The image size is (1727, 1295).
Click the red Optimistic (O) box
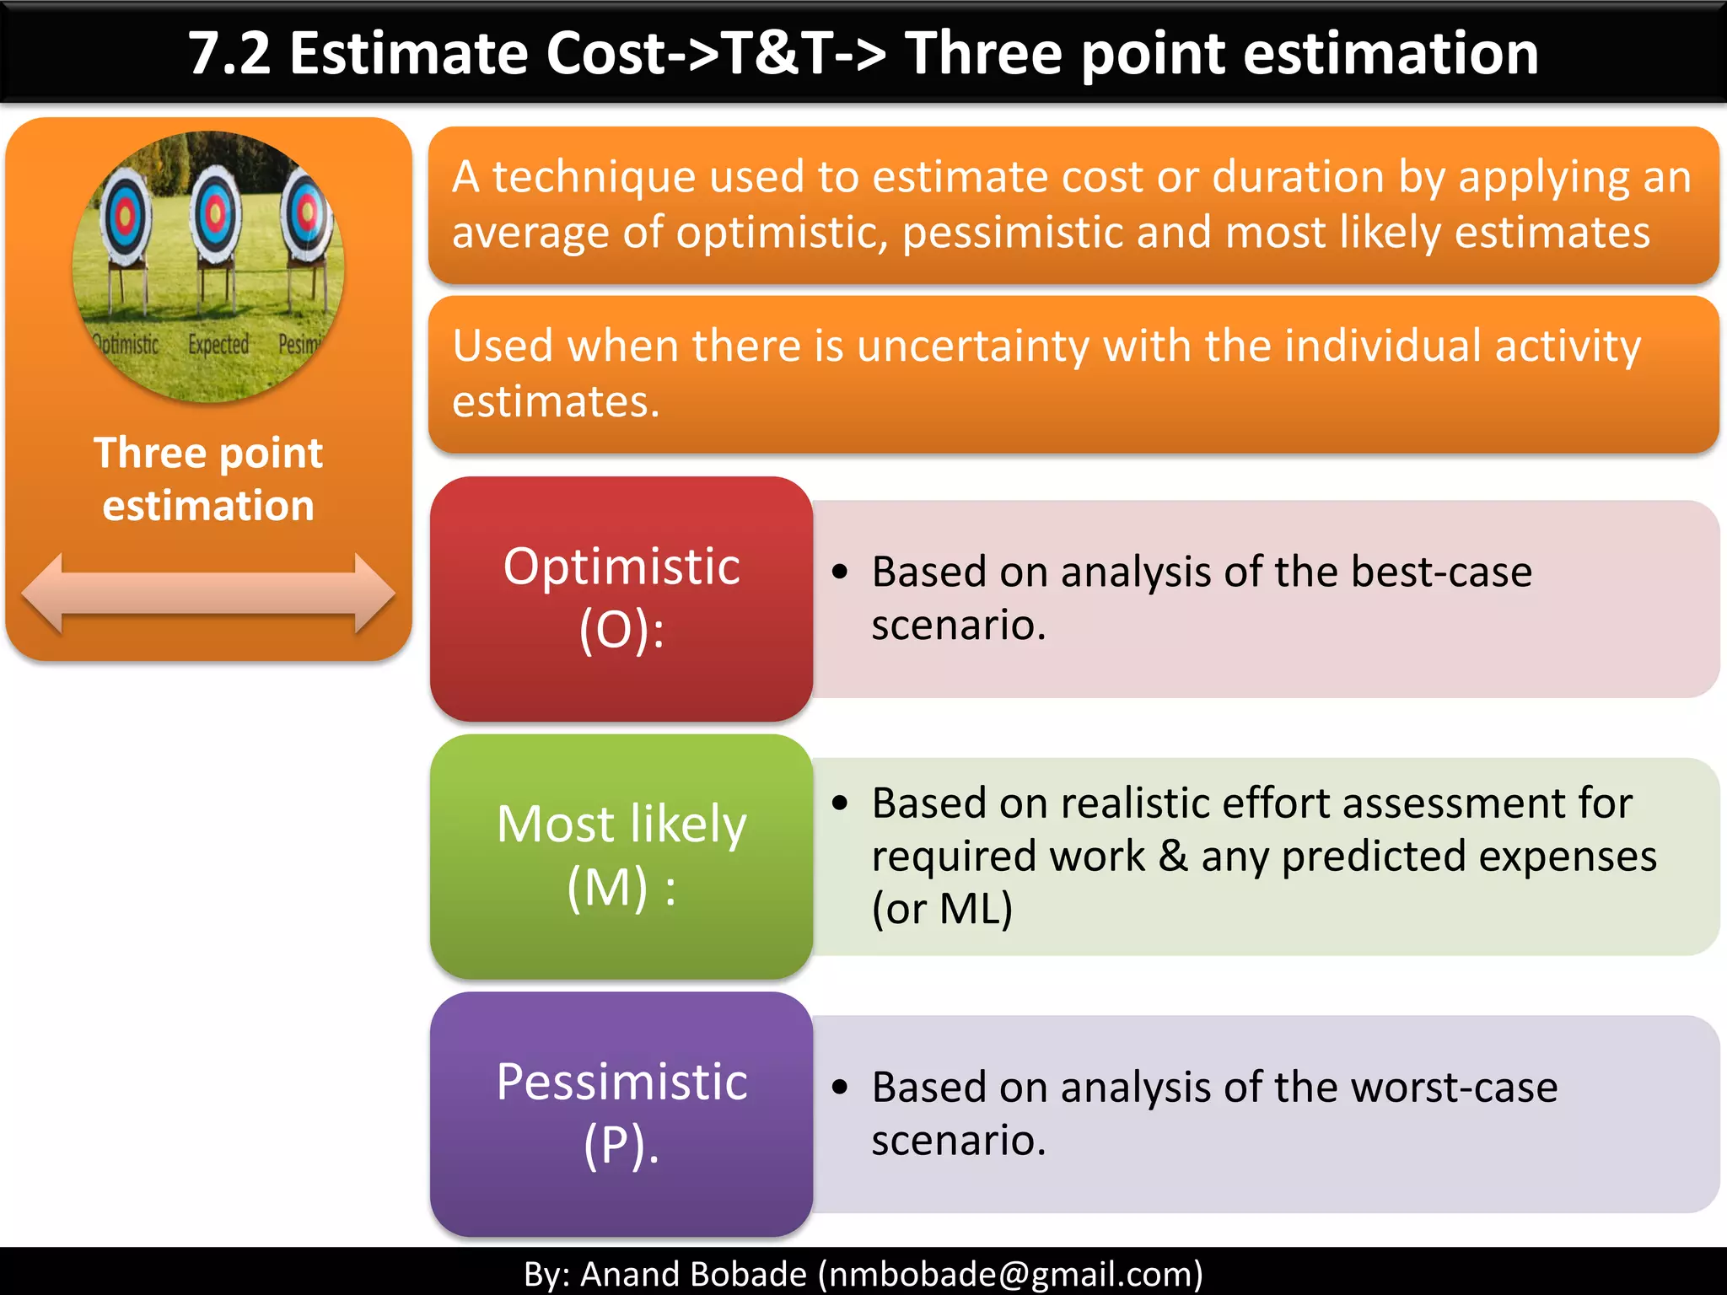(621, 599)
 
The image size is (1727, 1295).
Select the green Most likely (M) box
(621, 856)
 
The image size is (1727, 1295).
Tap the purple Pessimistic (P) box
(621, 1114)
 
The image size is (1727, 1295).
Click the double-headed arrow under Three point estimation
(208, 594)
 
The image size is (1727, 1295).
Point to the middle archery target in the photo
(216, 214)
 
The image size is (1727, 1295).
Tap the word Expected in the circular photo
(218, 345)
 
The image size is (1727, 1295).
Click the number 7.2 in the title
(229, 54)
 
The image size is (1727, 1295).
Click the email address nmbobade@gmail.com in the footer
(1010, 1274)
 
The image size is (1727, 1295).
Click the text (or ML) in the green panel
(942, 909)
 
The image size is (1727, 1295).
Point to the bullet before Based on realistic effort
(839, 803)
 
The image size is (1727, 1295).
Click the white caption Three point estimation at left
(208, 479)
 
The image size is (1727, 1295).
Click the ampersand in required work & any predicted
(1173, 856)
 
